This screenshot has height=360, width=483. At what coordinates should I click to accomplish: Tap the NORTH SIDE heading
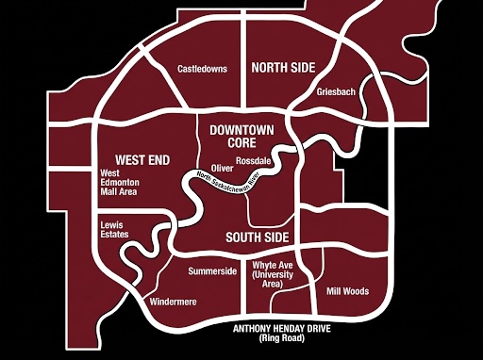(x=283, y=68)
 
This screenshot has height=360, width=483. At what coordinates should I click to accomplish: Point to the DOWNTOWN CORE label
(x=242, y=136)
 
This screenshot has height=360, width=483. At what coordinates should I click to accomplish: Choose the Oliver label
(x=223, y=168)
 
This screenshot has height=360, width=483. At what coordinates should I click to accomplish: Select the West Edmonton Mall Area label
(x=121, y=182)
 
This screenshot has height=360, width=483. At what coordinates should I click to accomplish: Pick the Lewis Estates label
(x=115, y=231)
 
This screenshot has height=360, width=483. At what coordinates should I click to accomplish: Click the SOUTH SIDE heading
(x=257, y=237)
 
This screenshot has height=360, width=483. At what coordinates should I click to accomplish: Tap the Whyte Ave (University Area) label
(x=275, y=272)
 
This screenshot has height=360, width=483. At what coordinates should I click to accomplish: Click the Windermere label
(x=173, y=303)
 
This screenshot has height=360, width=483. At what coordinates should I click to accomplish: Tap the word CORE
(x=242, y=142)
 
